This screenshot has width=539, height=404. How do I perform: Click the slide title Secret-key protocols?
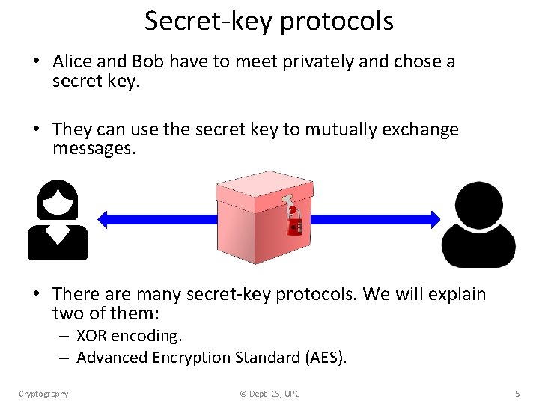269,21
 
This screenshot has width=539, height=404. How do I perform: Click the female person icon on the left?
58,220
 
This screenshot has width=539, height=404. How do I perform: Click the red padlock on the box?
294,223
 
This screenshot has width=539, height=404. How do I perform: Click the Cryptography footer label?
43,394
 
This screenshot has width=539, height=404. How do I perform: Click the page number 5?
517,394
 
